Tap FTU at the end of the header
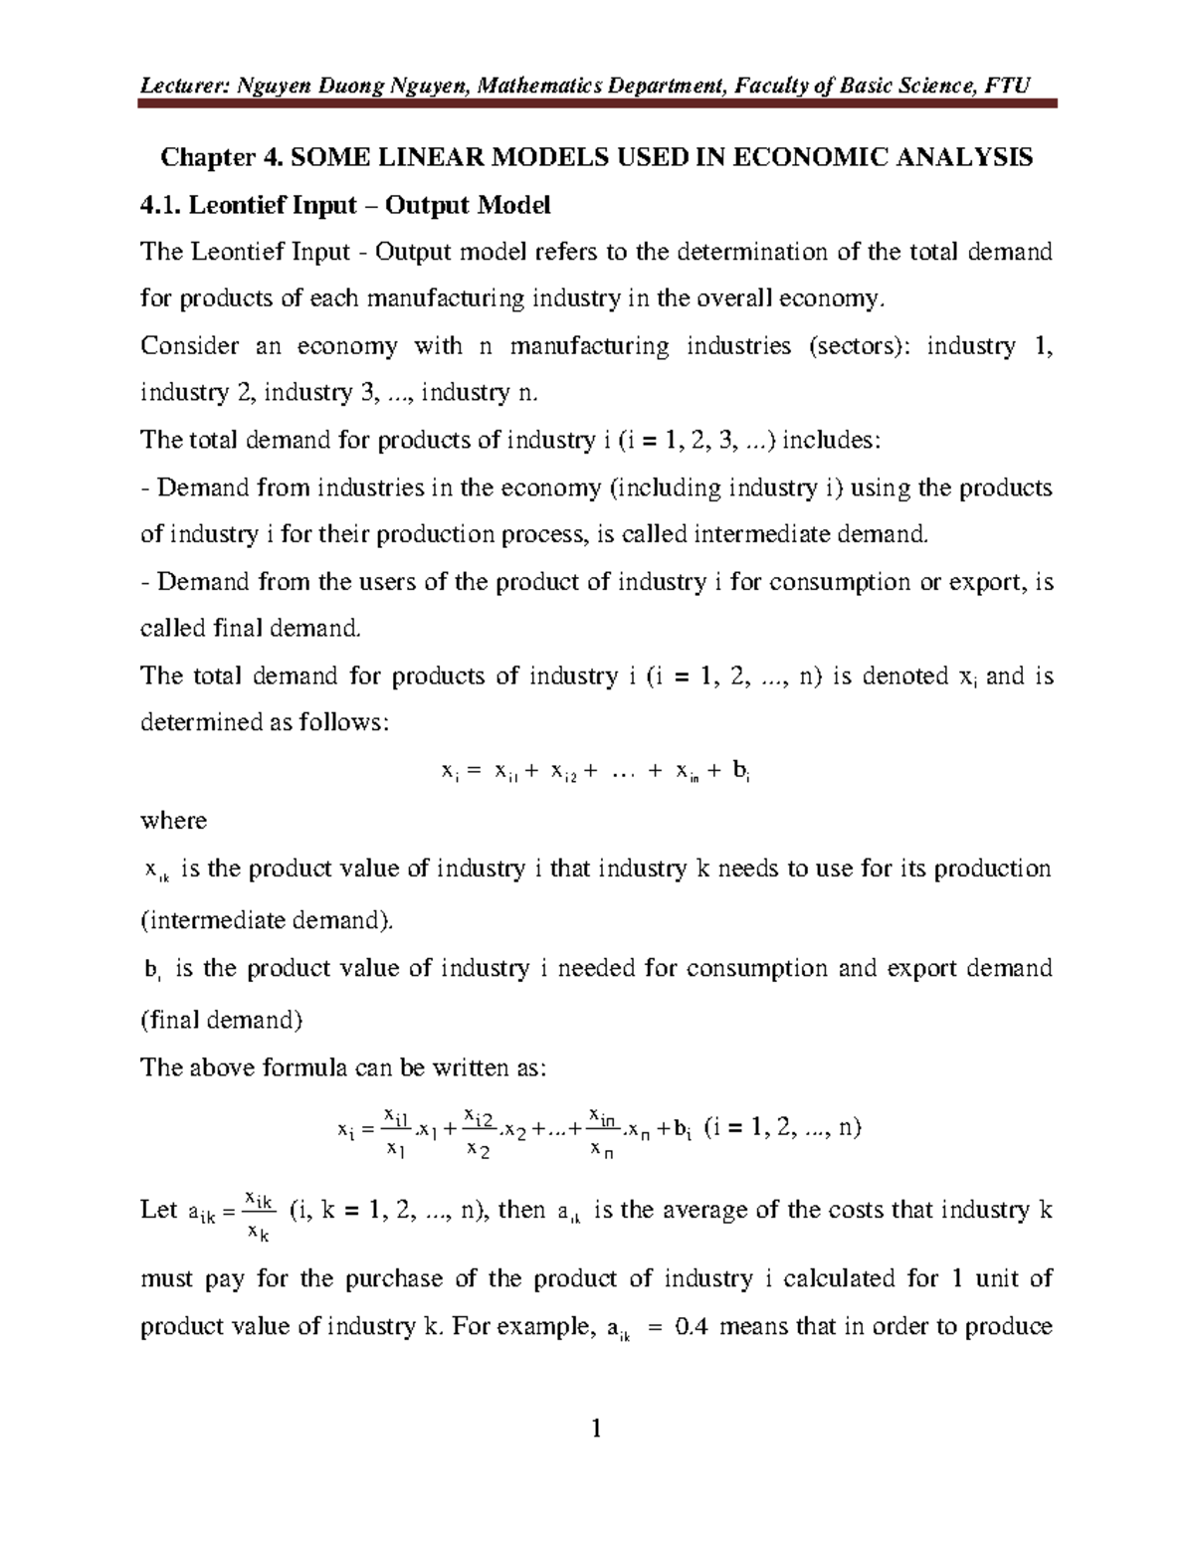1007,86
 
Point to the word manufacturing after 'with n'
589,346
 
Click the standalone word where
173,821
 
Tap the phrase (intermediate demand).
267,920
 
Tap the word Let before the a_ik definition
158,1211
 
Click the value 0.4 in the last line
691,1327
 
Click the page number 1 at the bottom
596,1431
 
